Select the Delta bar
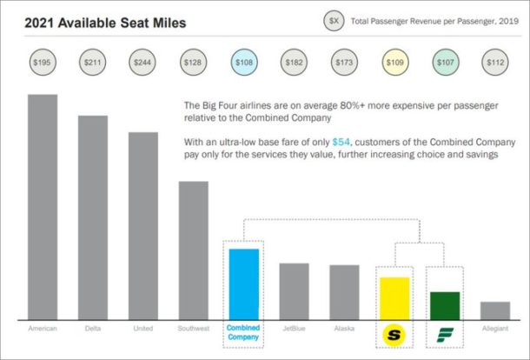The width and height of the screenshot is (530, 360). click(92, 217)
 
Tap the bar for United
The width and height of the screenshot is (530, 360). click(142, 225)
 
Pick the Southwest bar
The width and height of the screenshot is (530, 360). click(193, 250)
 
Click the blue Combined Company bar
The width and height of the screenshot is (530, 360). click(243, 283)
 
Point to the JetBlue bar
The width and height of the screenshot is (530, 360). click(294, 290)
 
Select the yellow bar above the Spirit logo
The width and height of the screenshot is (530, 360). click(394, 297)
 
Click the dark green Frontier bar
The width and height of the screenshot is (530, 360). click(445, 304)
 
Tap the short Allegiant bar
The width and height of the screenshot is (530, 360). click(495, 310)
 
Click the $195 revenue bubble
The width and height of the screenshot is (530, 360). click(43, 63)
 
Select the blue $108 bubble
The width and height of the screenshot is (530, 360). click(243, 63)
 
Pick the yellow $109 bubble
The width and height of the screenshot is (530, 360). click(394, 63)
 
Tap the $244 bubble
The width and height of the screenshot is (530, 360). click(142, 63)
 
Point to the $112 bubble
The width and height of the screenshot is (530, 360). click(495, 63)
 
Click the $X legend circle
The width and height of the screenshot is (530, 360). click(333, 17)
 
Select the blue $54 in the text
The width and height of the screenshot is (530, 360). click(340, 141)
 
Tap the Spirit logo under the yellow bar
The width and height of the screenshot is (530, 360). click(394, 333)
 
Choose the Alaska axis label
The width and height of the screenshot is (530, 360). click(344, 328)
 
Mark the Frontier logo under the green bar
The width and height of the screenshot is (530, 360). click(445, 333)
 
